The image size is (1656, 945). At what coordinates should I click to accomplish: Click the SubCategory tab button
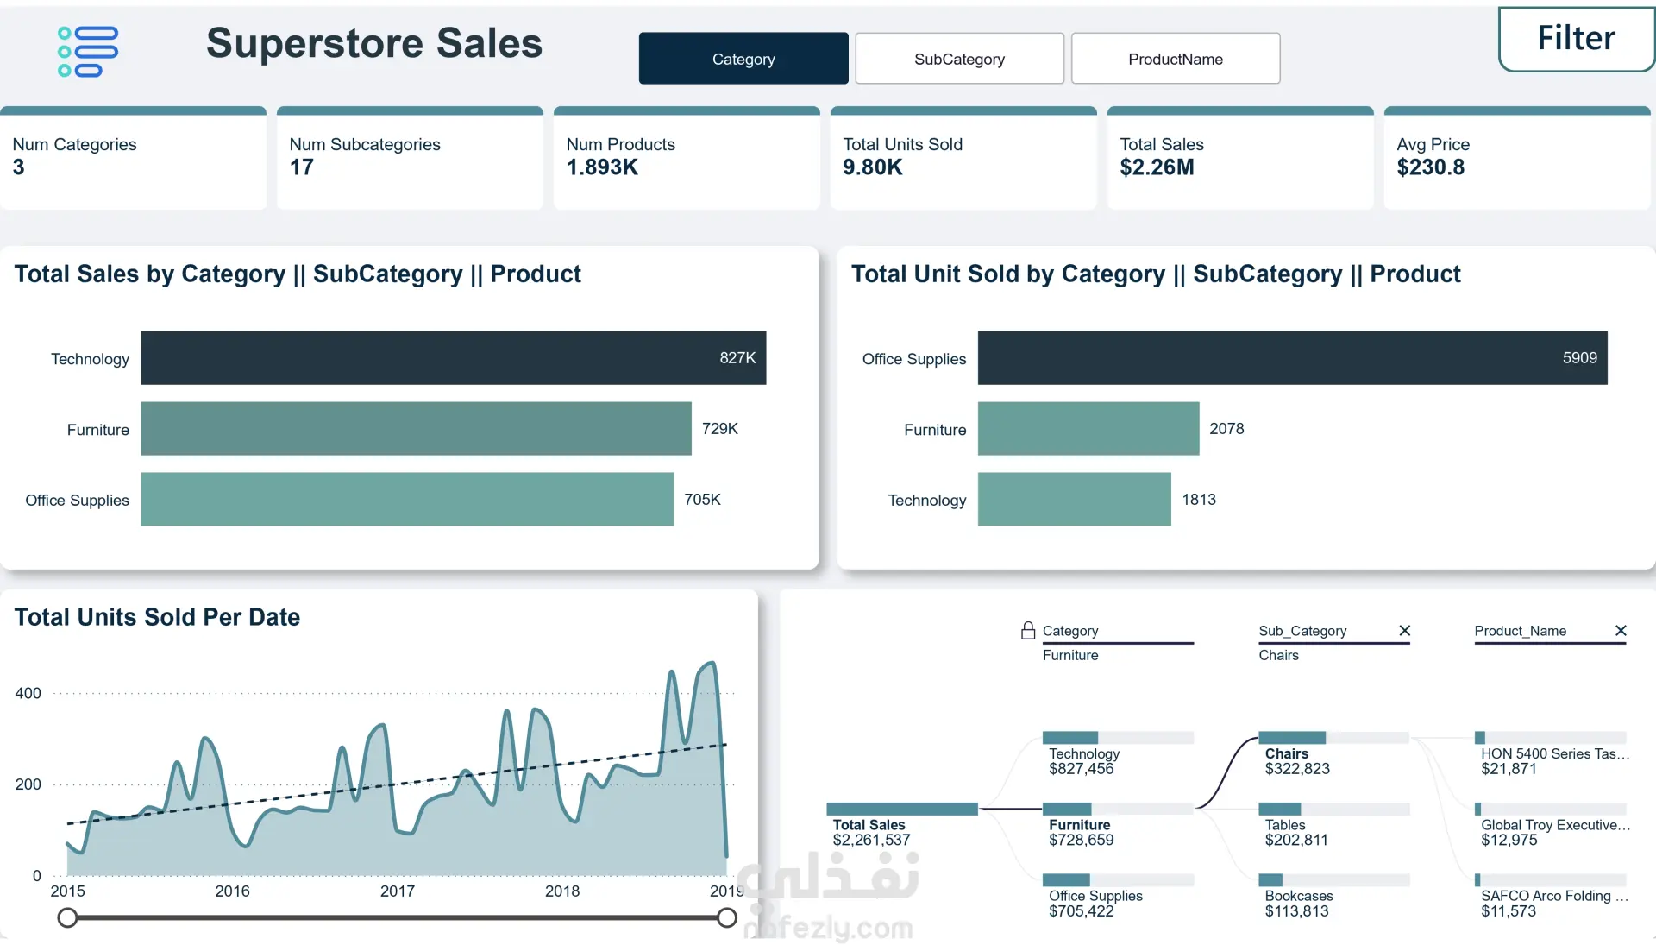959,59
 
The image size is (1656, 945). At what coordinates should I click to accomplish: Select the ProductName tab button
1175,59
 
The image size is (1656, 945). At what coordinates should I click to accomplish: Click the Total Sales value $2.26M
1157,167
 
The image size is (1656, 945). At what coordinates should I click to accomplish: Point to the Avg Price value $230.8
1430,167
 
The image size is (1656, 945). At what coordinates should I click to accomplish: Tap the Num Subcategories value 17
301,167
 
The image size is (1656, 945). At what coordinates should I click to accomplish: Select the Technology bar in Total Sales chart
453,358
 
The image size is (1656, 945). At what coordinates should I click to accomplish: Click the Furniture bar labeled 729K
416,429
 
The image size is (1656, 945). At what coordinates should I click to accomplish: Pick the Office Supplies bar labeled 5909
1292,358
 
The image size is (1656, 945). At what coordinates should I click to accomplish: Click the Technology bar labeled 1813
1074,500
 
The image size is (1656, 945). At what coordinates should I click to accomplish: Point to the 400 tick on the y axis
28,693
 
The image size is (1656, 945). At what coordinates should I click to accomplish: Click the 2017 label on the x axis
397,891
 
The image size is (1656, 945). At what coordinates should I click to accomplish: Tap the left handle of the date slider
67,917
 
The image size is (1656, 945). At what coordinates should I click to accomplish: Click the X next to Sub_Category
1404,631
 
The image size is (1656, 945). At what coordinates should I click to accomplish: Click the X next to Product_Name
1621,631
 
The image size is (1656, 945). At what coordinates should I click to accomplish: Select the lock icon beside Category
1027,631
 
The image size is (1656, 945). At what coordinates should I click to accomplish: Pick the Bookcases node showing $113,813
1297,903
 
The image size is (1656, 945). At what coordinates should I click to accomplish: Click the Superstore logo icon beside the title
87,52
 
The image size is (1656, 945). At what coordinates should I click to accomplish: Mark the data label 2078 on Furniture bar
1226,429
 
